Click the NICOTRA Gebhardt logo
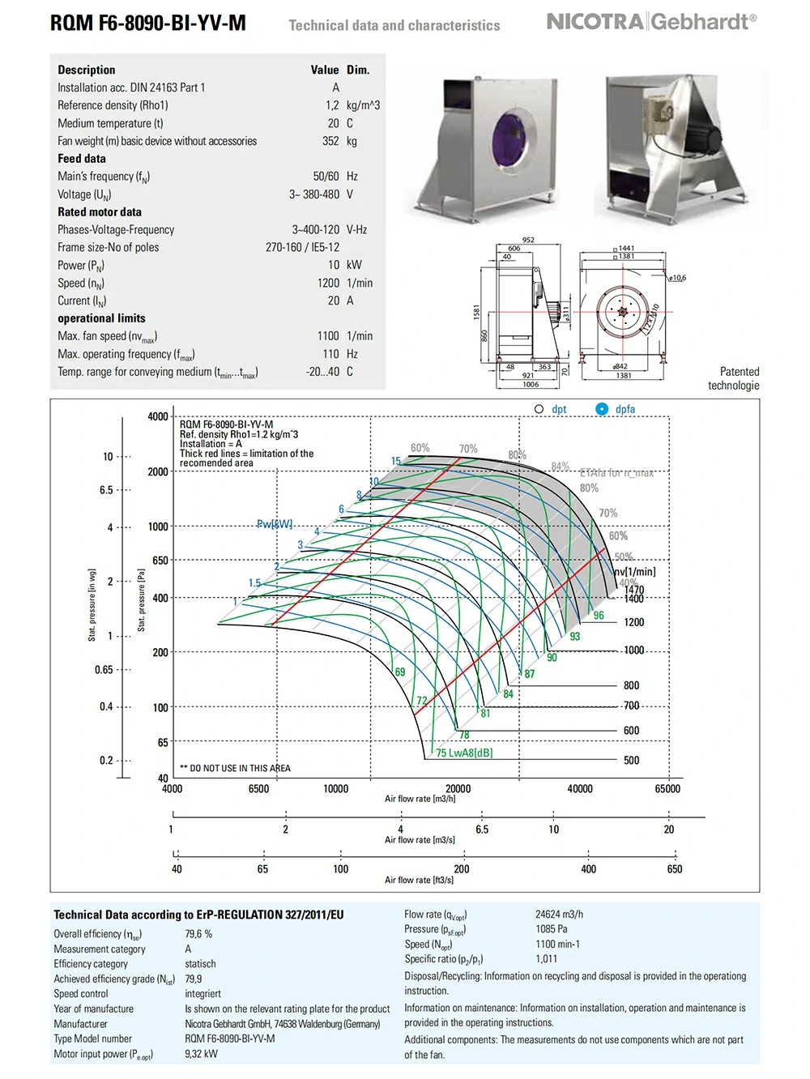click(651, 22)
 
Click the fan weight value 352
click(330, 141)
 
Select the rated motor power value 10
click(334, 265)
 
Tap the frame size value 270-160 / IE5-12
click(302, 247)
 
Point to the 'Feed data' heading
click(82, 159)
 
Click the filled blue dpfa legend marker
click(602, 409)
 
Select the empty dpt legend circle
click(539, 409)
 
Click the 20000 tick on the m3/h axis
click(458, 789)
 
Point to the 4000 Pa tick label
click(158, 416)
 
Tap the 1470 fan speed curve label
click(634, 590)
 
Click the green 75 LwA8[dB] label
click(464, 753)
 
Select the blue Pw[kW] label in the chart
click(275, 524)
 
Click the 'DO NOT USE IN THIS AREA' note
click(236, 768)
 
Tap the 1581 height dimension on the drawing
click(477, 311)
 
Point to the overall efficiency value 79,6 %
click(198, 934)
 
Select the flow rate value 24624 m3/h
click(559, 915)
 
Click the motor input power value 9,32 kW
click(201, 1054)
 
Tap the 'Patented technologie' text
click(734, 378)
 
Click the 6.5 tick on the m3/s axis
click(482, 830)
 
